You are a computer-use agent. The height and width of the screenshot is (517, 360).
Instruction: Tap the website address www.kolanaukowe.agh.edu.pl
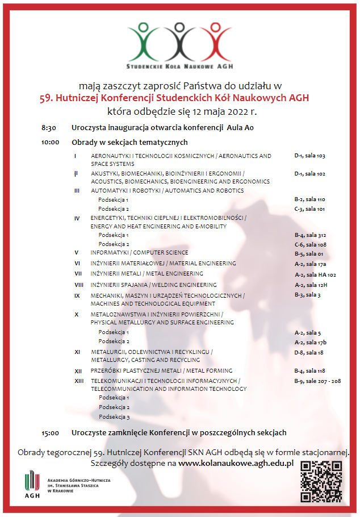click(236, 464)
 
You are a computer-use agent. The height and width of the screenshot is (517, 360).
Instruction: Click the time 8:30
click(49, 128)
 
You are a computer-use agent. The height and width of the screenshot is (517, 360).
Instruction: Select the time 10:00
click(51, 142)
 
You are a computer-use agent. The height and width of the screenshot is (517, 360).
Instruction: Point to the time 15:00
click(51, 433)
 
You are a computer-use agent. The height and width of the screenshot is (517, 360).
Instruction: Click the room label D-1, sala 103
click(309, 156)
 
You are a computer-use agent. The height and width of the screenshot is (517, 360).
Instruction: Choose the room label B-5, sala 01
click(309, 253)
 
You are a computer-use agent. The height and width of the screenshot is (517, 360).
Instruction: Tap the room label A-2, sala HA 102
click(315, 274)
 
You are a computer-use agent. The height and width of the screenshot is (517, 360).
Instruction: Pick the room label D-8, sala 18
click(308, 352)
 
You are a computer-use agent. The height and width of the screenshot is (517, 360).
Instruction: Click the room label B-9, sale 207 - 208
click(317, 381)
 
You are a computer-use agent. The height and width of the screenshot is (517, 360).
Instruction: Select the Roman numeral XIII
click(79, 381)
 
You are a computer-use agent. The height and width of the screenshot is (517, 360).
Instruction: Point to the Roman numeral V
click(76, 253)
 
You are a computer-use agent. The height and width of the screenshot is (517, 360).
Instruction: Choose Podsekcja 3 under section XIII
click(114, 417)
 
